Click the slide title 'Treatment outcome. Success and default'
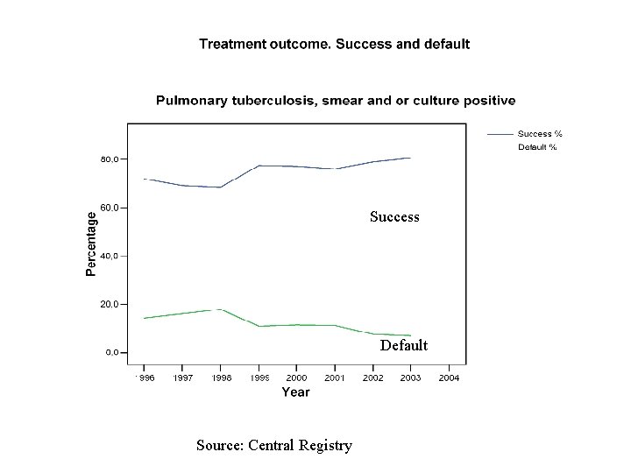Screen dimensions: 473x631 pos(334,44)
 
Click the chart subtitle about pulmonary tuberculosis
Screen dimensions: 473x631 pos(336,101)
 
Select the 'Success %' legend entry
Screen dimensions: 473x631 pos(539,134)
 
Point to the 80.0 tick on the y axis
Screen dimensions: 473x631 pos(109,160)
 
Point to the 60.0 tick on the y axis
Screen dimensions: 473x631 pos(109,208)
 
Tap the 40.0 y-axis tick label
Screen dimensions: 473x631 pos(109,257)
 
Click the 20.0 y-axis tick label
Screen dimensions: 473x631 pos(109,305)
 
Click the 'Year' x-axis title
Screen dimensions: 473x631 pos(295,392)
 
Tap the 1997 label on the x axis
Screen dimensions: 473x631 pos(182,378)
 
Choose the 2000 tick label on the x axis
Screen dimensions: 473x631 pos(295,378)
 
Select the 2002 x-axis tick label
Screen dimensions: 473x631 pos(372,378)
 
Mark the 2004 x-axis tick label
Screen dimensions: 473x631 pos(449,378)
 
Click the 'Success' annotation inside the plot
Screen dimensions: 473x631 pos(394,216)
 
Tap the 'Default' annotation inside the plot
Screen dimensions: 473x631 pos(404,345)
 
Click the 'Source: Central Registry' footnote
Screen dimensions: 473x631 pos(274,446)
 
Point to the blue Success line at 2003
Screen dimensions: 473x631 pos(409,158)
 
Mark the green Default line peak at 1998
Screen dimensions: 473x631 pos(219,309)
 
